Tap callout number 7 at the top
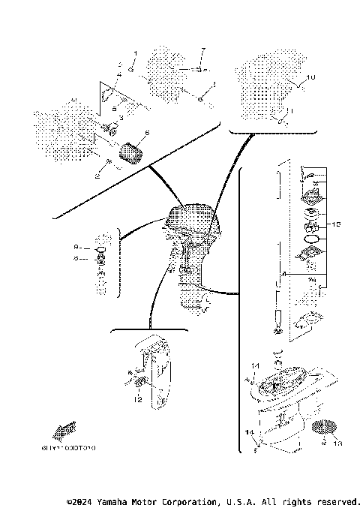(202, 50)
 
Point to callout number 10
(313, 78)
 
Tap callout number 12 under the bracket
(137, 400)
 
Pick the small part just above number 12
(139, 385)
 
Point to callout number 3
(100, 118)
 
